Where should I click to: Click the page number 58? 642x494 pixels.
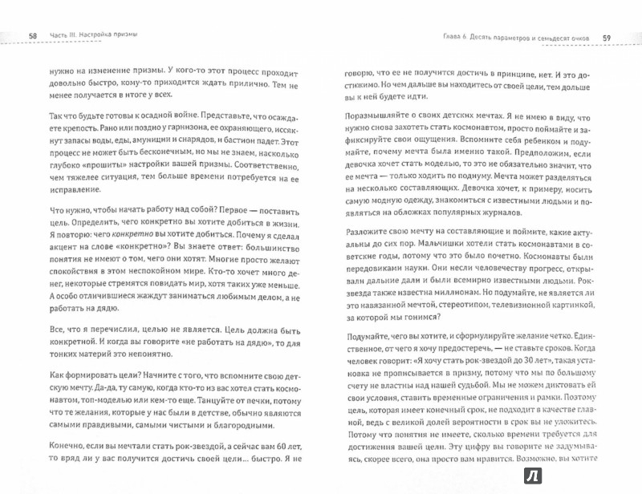(32, 36)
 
